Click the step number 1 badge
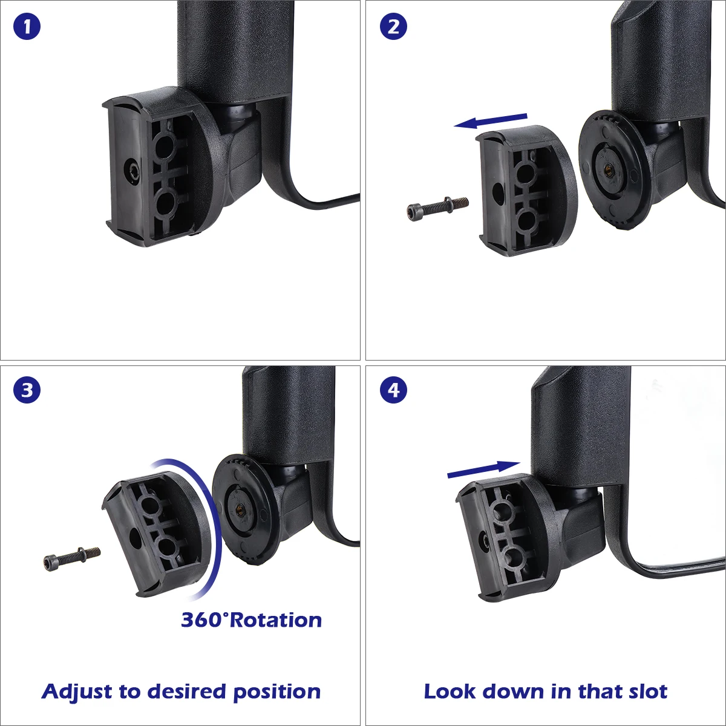(x=27, y=27)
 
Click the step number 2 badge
(x=393, y=27)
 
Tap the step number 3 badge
(x=27, y=390)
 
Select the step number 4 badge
(x=393, y=390)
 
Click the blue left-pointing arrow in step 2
(x=490, y=122)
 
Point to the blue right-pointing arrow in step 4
(x=484, y=469)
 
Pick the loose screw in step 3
(x=72, y=559)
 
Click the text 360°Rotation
(x=251, y=620)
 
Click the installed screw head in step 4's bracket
(x=485, y=543)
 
